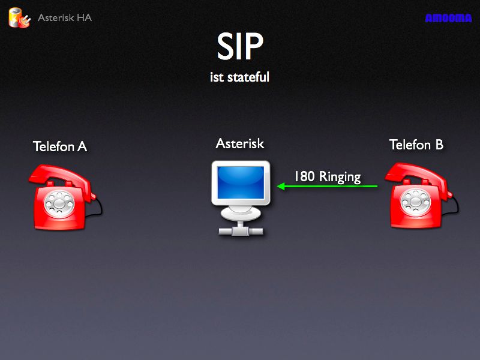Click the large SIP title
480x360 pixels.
pos(240,46)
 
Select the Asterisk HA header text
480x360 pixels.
pos(65,17)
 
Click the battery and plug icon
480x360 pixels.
pos(20,18)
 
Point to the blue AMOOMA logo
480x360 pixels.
pos(448,18)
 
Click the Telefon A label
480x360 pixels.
pos(60,146)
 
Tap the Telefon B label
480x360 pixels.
pos(416,145)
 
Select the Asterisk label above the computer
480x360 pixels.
pos(240,143)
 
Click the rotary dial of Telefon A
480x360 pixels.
pos(59,203)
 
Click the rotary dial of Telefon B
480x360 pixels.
pos(415,202)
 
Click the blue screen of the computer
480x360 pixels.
pos(241,182)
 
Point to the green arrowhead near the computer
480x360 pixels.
pos(281,186)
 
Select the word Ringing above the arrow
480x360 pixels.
pos(340,177)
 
